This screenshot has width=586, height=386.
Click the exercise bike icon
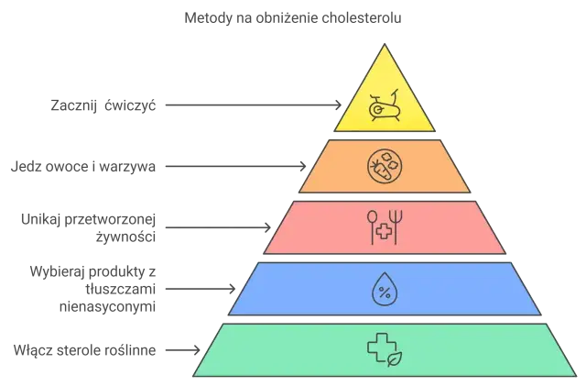pyautogui.click(x=385, y=106)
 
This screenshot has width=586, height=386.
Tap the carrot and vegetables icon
pyautogui.click(x=385, y=166)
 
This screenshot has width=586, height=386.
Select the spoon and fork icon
pyautogui.click(x=385, y=227)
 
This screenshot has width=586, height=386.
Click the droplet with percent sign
pyautogui.click(x=385, y=290)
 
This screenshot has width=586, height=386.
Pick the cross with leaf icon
pyautogui.click(x=385, y=350)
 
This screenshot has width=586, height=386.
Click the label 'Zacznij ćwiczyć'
pyautogui.click(x=103, y=105)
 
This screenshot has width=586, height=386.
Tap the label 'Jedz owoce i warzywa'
pyautogui.click(x=83, y=166)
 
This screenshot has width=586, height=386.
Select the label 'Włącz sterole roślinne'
pyautogui.click(x=84, y=350)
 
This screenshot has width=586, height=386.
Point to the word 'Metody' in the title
pyautogui.click(x=209, y=18)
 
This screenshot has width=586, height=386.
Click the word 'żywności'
pyautogui.click(x=125, y=237)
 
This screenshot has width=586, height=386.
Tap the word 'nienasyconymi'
pyautogui.click(x=108, y=306)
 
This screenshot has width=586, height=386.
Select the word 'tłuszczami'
pyautogui.click(x=120, y=289)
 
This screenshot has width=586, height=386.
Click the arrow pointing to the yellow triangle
pyautogui.click(x=254, y=105)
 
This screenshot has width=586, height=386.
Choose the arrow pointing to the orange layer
pyautogui.click(x=236, y=166)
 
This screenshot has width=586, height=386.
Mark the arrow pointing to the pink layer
pyautogui.click(x=218, y=227)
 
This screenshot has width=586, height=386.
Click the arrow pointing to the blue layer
pyautogui.click(x=201, y=289)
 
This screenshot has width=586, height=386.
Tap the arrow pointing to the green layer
pyautogui.click(x=183, y=350)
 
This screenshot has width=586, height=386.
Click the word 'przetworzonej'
pyautogui.click(x=110, y=220)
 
